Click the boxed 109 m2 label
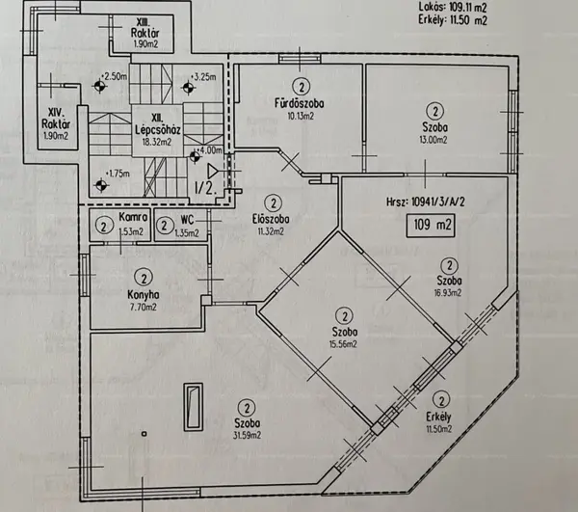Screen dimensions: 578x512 (431, 225)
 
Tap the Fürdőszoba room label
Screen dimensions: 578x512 (299, 103)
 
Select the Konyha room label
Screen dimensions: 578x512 (144, 295)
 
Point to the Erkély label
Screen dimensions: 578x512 (438, 417)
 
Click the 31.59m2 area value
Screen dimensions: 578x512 (247, 436)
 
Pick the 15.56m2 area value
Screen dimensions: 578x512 (343, 344)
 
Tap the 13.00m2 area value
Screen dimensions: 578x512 (433, 140)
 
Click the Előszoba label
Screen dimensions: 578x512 (271, 219)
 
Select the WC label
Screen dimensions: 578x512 (187, 220)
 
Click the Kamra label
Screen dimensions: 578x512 (133, 217)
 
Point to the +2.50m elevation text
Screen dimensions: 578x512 (115, 77)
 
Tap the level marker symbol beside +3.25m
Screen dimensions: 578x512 (188, 88)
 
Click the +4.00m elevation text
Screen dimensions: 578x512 (210, 150)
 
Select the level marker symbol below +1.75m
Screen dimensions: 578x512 (100, 185)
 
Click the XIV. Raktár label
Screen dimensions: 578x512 (56, 123)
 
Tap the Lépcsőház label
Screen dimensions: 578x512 (157, 130)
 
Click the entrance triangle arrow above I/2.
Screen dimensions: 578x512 (213, 172)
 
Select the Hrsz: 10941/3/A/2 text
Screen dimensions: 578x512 (426, 202)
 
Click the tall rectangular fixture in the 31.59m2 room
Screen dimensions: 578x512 (194, 407)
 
